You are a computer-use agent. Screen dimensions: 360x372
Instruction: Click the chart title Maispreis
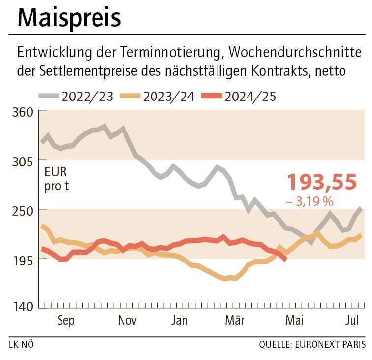(x=69, y=18)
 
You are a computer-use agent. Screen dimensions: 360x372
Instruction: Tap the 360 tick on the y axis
(x=23, y=112)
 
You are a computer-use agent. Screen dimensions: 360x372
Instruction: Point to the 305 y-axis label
(x=23, y=161)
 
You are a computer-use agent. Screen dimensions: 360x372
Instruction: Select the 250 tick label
(x=23, y=210)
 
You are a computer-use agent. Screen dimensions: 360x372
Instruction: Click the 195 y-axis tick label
(x=23, y=259)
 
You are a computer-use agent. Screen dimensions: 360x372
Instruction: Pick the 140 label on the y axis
(x=23, y=307)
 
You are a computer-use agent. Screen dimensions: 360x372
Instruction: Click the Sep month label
(x=66, y=321)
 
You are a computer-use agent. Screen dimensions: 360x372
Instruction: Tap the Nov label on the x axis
(x=127, y=321)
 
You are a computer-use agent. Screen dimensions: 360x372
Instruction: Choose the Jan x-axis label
(x=180, y=321)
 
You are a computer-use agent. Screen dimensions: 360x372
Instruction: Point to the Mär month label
(x=234, y=321)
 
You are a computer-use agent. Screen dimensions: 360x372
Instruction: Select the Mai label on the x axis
(x=294, y=321)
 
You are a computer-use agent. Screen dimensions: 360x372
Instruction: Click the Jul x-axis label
(x=351, y=321)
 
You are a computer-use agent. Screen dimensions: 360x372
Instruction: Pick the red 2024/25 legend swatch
(x=210, y=96)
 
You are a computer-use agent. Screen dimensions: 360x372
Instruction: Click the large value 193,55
(x=321, y=182)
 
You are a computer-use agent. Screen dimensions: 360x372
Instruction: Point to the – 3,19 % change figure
(x=310, y=201)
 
